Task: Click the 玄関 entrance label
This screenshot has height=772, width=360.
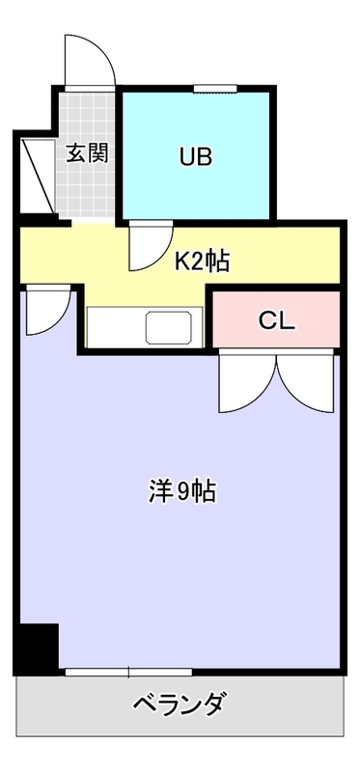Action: pyautogui.click(x=86, y=152)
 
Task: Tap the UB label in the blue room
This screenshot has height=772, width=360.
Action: pyautogui.click(x=195, y=155)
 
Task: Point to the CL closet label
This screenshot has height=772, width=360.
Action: pyautogui.click(x=275, y=320)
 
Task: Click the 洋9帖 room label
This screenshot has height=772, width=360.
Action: pyautogui.click(x=181, y=491)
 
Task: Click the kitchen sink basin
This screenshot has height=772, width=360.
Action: pyautogui.click(x=173, y=326)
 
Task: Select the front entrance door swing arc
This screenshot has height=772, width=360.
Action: pyautogui.click(x=90, y=60)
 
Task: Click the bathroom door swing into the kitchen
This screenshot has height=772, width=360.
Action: pyautogui.click(x=148, y=245)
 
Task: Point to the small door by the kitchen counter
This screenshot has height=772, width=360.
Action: pyautogui.click(x=45, y=310)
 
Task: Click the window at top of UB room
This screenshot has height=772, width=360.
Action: pyautogui.click(x=215, y=90)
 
